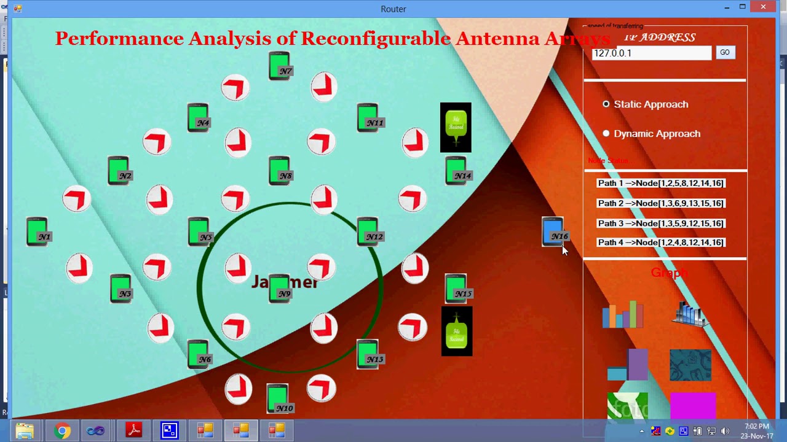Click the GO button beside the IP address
pos(725,53)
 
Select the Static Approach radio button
pos(606,104)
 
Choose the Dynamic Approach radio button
pos(606,133)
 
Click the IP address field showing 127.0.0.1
pos(651,53)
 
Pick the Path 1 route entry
pos(660,183)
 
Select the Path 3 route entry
pos(660,223)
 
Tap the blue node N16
pos(553,232)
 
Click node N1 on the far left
pos(38,232)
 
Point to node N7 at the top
pos(280,66)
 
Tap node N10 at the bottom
pos(278,398)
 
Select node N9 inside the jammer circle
pos(279,289)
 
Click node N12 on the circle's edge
pos(368,231)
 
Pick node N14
pos(456,171)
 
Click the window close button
pos(763,7)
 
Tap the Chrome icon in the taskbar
pos(62,431)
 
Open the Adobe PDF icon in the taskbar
pos(134,431)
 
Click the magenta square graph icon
pos(693,405)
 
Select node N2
pos(119,171)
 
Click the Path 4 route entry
pos(660,242)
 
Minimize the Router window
pos(727,7)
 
